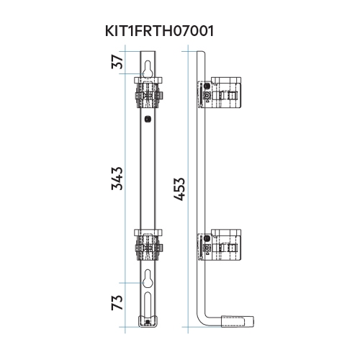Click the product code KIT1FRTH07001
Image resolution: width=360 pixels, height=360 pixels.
(x=159, y=32)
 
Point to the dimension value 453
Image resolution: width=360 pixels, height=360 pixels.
(x=180, y=189)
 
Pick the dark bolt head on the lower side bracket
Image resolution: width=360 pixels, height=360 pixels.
(x=207, y=239)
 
